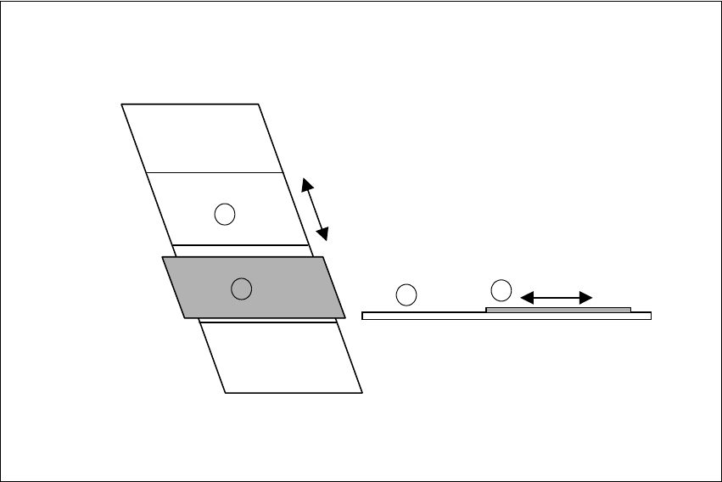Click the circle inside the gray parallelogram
242,289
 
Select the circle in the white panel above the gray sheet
224,215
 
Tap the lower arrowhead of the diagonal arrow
323,233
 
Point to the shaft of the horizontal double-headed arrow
556,297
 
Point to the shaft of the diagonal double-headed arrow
314,209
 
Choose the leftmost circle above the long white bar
406,294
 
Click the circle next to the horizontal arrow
501,289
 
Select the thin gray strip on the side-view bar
558,310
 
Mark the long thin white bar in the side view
424,316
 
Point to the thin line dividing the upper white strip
214,172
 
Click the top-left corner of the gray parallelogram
163,257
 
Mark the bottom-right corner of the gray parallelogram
345,317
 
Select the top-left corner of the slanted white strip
122,104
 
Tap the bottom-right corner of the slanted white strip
362,392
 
